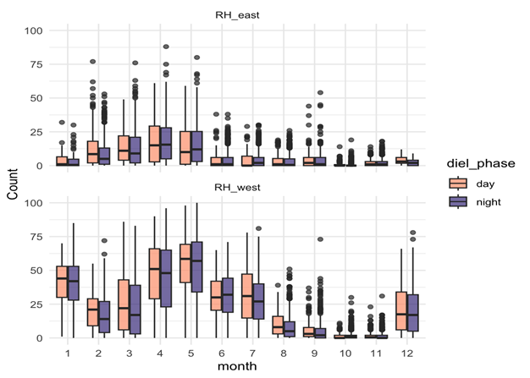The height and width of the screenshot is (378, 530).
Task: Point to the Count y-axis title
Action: click(13, 184)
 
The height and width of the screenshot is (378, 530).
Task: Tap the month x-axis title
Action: click(230, 364)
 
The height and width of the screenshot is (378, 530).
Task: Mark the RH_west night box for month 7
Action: click(259, 299)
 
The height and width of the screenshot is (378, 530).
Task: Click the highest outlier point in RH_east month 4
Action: click(166, 47)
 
